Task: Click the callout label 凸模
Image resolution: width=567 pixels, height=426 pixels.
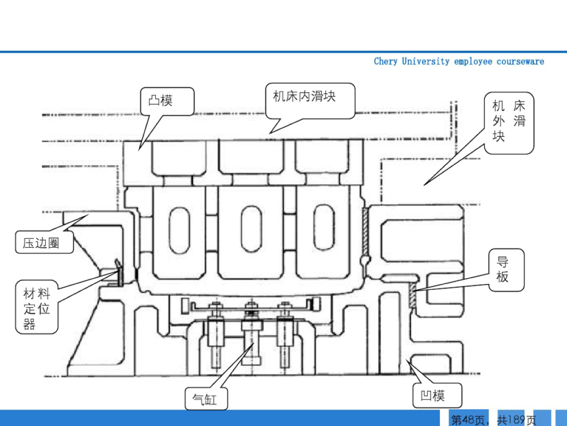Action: click(x=167, y=100)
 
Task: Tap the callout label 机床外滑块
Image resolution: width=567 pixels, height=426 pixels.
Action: click(x=508, y=121)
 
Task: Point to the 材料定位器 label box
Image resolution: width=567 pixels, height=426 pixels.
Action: click(x=37, y=308)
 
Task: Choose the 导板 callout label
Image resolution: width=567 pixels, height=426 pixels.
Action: click(x=502, y=269)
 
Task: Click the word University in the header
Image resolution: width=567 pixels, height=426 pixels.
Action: click(x=425, y=62)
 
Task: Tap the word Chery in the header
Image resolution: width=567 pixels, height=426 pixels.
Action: click(x=385, y=62)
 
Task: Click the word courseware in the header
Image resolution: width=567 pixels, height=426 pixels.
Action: click(x=520, y=62)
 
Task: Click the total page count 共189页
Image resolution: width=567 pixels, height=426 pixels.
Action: click(x=517, y=420)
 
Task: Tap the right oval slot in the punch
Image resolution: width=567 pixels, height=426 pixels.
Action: click(x=324, y=230)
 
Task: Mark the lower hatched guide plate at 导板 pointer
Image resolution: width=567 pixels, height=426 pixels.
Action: click(x=412, y=297)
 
